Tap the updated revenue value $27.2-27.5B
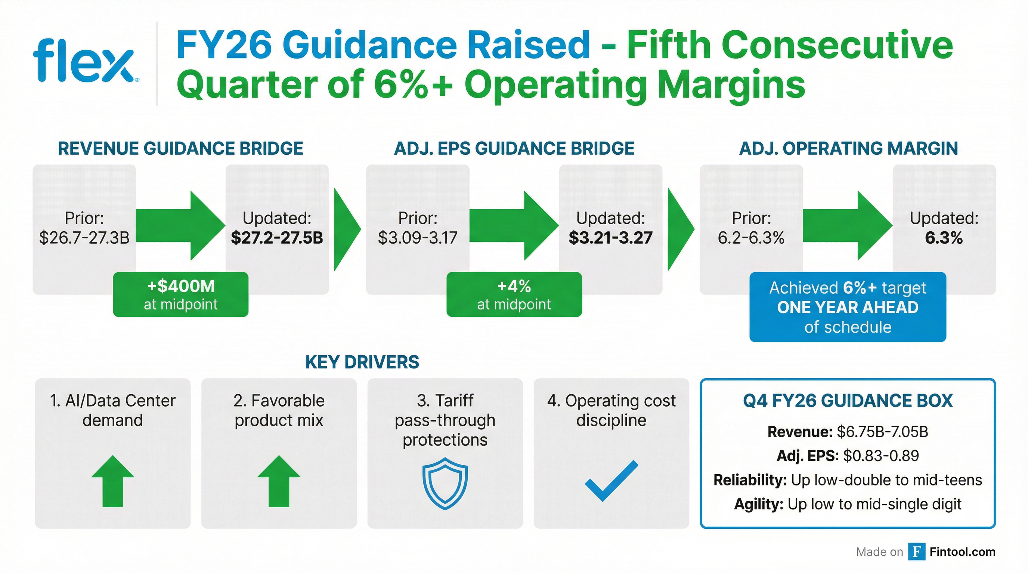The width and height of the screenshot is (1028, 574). tap(277, 238)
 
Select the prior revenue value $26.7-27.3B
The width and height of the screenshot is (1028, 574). tap(84, 238)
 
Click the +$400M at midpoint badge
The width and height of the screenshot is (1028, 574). tap(180, 294)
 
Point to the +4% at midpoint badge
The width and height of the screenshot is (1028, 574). tap(514, 294)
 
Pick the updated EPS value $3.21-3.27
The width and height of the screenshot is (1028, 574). tap(611, 238)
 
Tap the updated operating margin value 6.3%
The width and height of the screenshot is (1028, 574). tap(944, 238)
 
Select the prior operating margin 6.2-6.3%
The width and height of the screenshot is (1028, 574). tap(751, 238)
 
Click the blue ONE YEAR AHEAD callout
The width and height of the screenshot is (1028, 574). tap(848, 307)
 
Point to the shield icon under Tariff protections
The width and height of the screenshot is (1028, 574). tap(445, 483)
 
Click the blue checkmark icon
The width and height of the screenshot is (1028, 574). tap(611, 481)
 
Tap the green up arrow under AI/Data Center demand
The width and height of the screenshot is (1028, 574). tap(113, 481)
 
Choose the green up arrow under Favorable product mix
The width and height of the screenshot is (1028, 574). tap(279, 481)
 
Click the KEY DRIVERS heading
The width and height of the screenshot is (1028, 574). tap(362, 362)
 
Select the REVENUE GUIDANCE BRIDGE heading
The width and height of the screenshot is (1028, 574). tap(180, 148)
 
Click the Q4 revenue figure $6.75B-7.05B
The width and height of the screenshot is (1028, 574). tap(882, 432)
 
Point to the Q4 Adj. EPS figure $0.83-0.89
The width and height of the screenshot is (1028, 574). tap(881, 456)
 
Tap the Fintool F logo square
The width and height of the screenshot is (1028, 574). tap(917, 552)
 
